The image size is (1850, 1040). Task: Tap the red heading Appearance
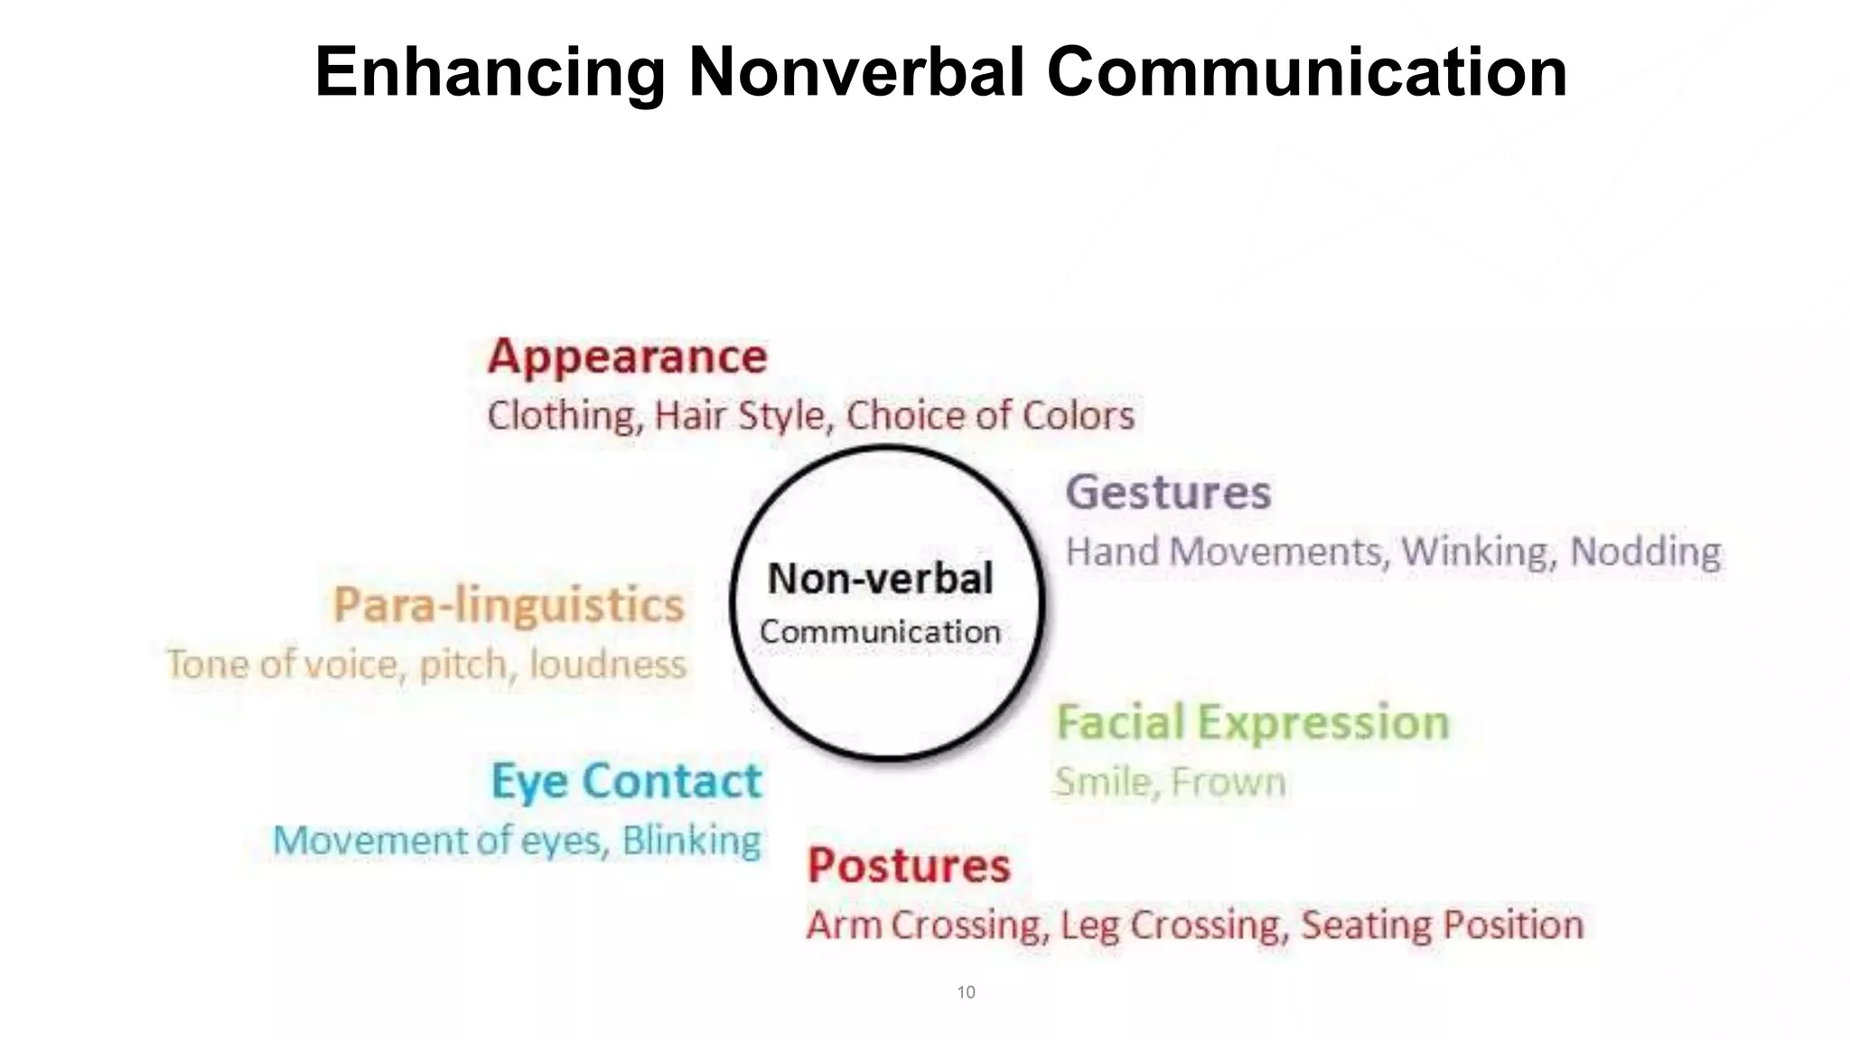(627, 357)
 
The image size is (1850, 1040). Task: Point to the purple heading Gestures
(1168, 493)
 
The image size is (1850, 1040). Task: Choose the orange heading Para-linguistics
(509, 605)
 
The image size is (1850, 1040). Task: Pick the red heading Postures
(909, 866)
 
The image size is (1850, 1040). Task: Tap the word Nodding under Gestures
(1645, 552)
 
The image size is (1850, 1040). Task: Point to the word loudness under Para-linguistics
(607, 664)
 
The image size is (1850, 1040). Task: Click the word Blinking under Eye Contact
(691, 840)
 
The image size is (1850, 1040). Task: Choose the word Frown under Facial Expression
(1228, 782)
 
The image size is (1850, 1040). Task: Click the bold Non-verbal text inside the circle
(880, 579)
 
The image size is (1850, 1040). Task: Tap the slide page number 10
(966, 992)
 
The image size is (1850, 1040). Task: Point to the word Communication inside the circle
(880, 632)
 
